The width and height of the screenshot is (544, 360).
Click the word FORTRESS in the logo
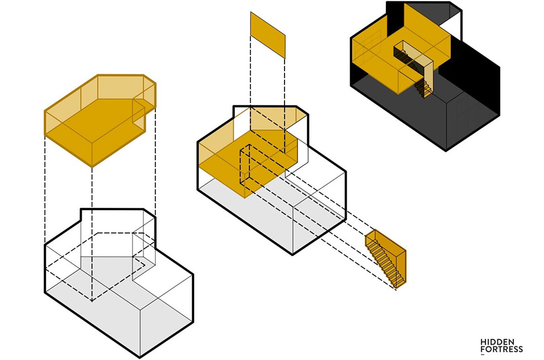click(x=501, y=349)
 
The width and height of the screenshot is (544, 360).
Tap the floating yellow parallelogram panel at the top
click(x=268, y=35)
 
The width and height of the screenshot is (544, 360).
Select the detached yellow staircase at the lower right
click(x=386, y=259)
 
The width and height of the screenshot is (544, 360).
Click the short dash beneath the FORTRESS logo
click(x=482, y=355)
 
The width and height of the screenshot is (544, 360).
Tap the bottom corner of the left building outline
click(x=140, y=357)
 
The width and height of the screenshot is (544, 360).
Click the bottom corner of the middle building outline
click(x=292, y=255)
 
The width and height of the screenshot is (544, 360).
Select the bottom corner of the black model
click(x=446, y=150)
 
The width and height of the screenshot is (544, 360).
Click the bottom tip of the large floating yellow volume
click(x=92, y=167)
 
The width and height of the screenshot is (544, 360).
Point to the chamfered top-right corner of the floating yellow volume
click(x=150, y=79)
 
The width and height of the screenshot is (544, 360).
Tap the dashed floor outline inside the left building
click(x=95, y=265)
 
